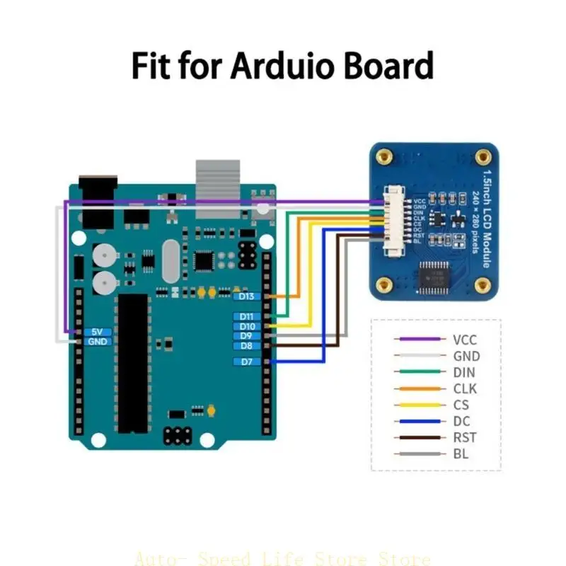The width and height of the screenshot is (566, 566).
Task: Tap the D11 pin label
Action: point(247,316)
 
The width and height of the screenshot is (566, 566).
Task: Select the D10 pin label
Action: point(247,326)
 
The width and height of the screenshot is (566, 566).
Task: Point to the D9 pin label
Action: point(247,336)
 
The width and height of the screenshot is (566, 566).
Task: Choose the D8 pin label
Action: point(247,346)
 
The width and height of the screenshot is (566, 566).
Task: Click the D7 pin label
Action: point(247,362)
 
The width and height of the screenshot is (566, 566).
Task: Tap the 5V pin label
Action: point(97,332)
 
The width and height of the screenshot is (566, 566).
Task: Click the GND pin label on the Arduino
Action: point(97,342)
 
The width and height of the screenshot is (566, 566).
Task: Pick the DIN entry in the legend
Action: point(464,372)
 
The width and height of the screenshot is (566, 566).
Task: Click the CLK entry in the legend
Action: point(465,388)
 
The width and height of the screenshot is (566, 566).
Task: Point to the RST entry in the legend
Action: point(465,437)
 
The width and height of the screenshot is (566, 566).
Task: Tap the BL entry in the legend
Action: point(461,454)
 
